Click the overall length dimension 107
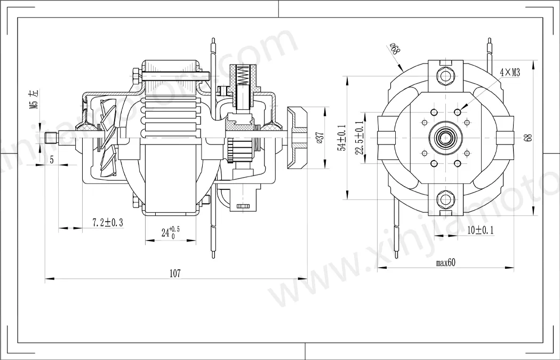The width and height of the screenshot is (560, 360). click(175, 273)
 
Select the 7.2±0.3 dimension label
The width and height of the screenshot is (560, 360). click(107, 222)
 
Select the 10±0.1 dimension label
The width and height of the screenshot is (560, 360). click(479, 230)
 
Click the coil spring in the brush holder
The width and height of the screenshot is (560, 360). click(243, 74)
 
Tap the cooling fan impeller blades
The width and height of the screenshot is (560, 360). click(107, 140)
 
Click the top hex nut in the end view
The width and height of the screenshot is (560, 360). click(444, 74)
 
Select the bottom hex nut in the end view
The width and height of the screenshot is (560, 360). click(444, 200)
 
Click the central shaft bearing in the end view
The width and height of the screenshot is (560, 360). click(444, 138)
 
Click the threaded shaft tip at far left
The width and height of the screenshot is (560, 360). click(51, 138)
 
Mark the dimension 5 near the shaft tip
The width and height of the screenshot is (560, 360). click(52, 159)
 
